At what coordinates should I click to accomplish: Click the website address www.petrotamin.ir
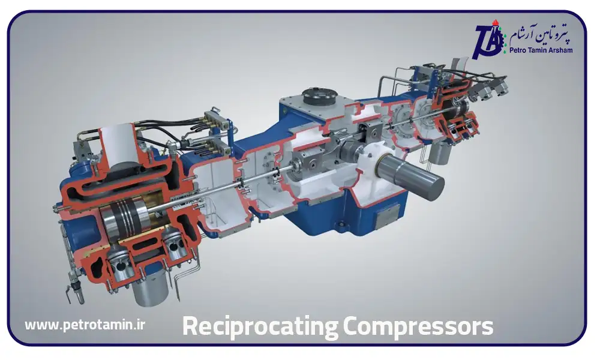point(85,325)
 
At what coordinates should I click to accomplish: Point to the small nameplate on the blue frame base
point(389,214)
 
